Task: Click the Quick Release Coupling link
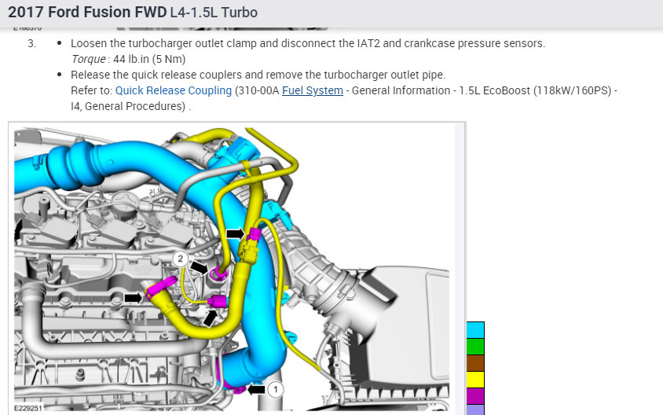click(x=174, y=90)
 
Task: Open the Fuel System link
click(x=313, y=90)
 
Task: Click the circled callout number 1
click(x=276, y=389)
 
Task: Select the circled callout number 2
click(x=181, y=259)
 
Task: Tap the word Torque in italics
click(x=88, y=59)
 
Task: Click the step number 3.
click(x=31, y=43)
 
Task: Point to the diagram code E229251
click(x=28, y=408)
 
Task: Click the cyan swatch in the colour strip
click(x=475, y=330)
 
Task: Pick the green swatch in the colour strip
click(x=475, y=347)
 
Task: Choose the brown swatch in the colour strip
click(x=475, y=363)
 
